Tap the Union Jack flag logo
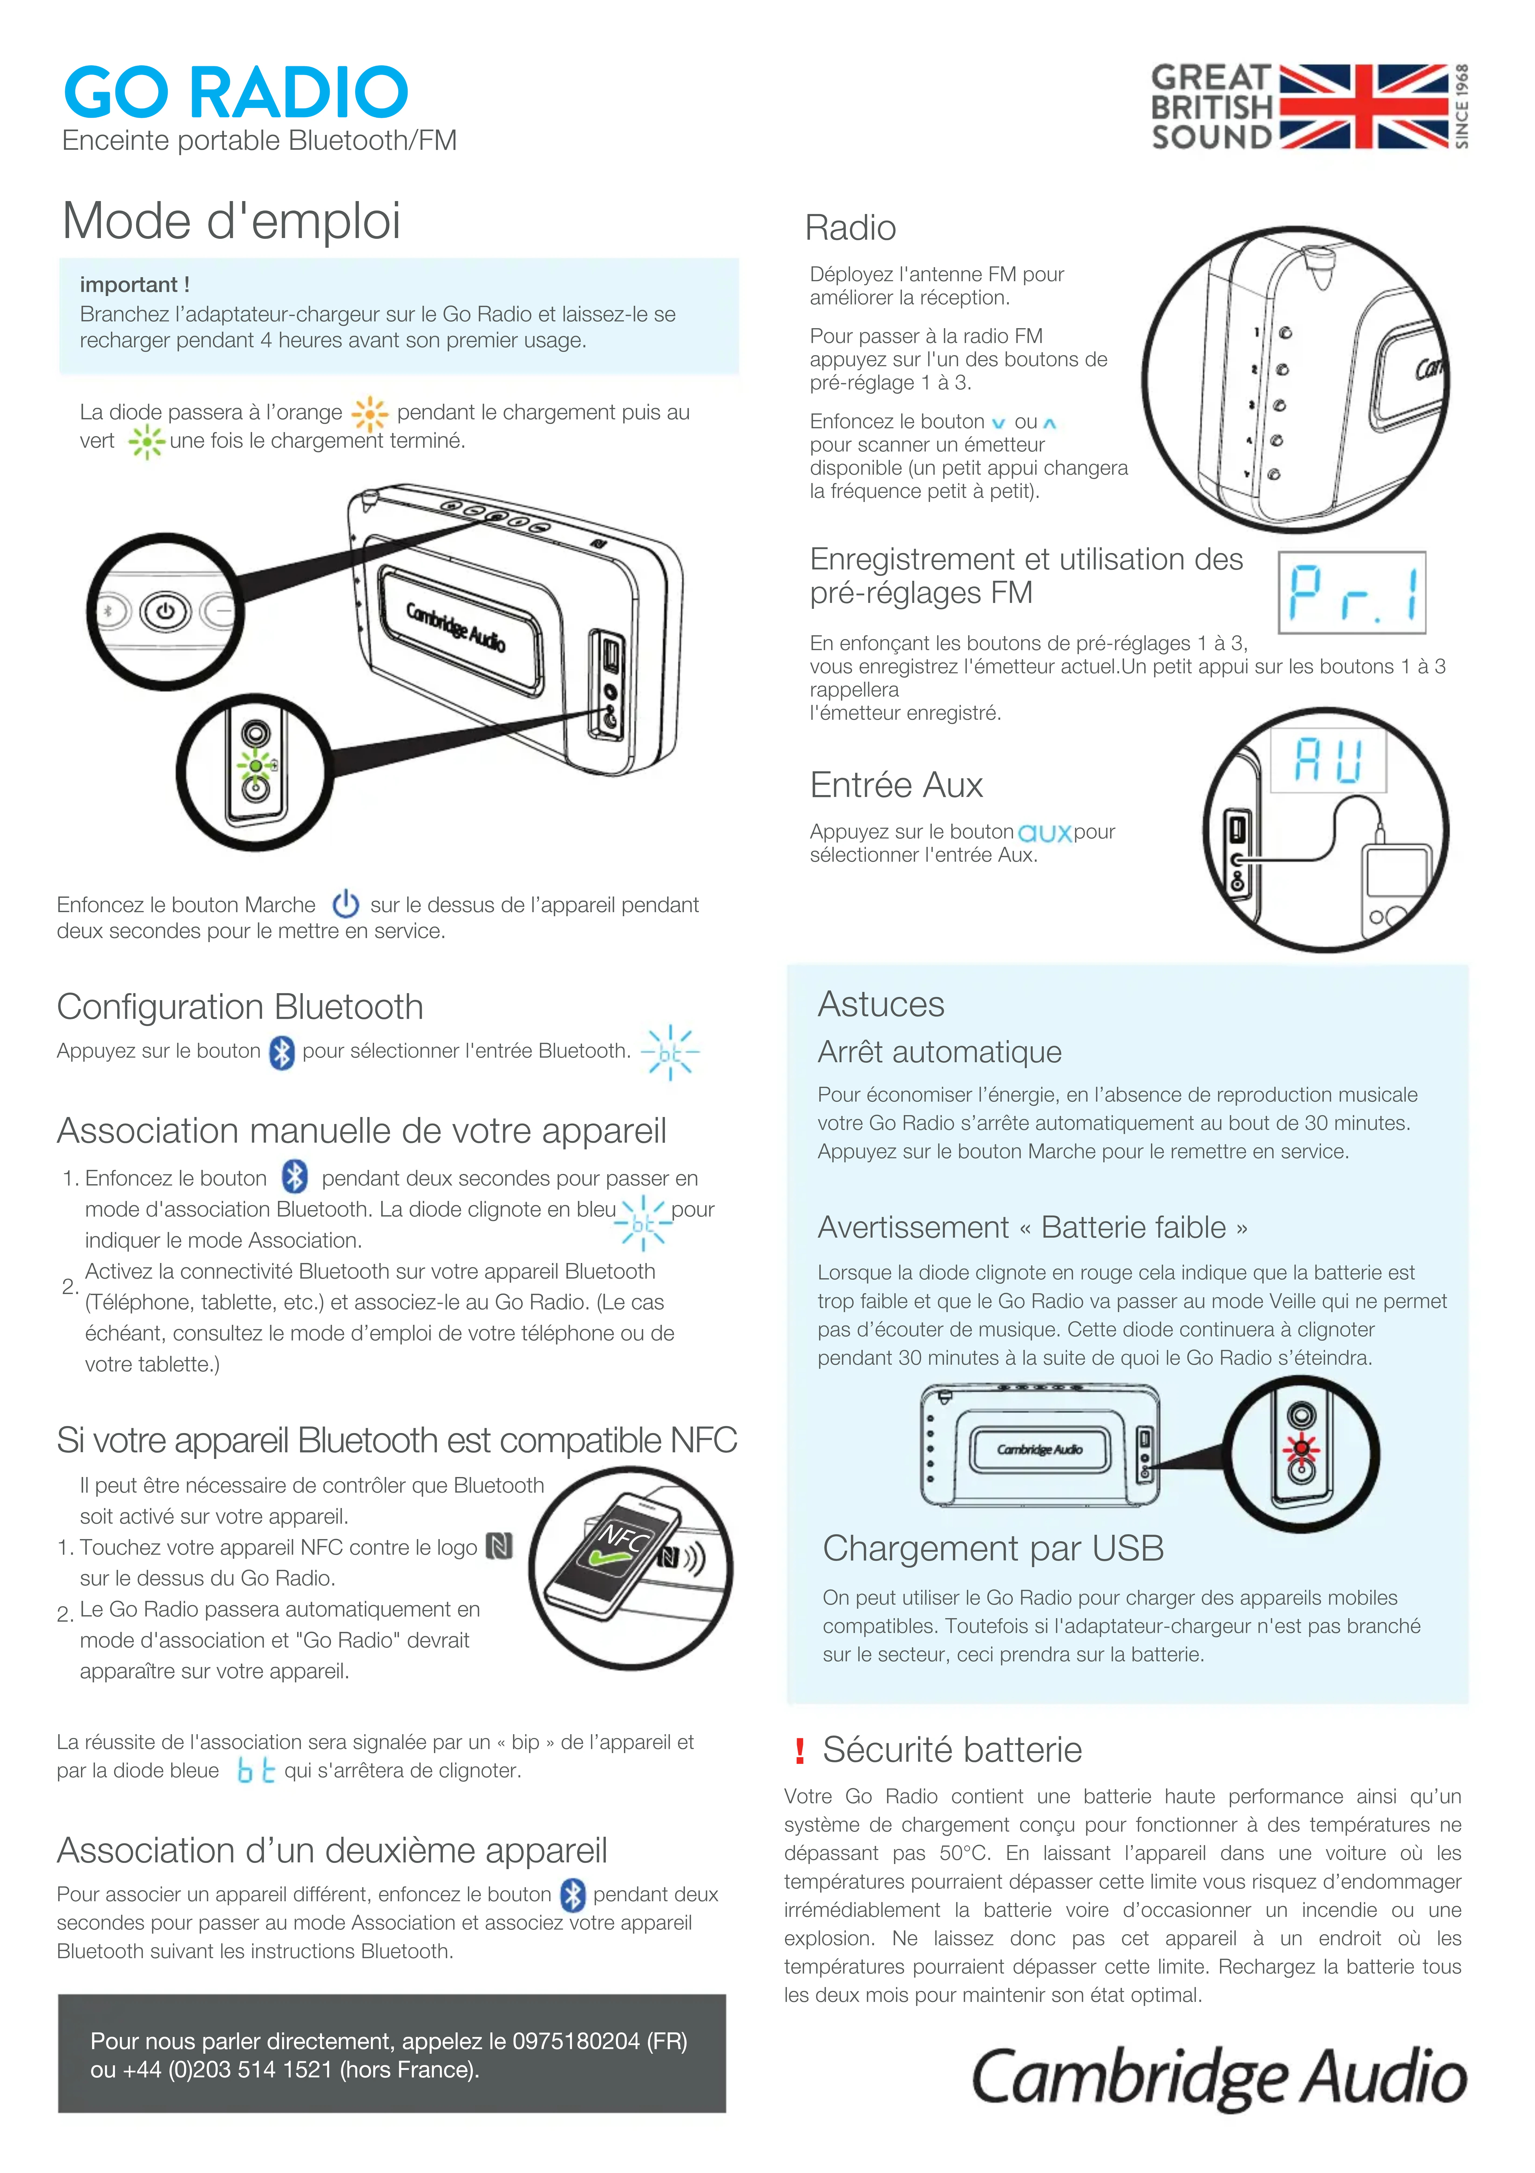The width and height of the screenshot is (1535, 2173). click(1364, 106)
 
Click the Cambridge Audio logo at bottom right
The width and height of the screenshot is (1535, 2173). click(1219, 2076)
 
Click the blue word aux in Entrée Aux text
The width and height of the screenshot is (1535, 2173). click(1044, 833)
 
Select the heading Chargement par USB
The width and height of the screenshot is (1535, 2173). click(993, 1548)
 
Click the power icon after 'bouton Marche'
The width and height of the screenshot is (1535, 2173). click(345, 904)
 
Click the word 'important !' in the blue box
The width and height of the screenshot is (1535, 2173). click(134, 285)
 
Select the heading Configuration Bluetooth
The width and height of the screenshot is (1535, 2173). click(239, 1007)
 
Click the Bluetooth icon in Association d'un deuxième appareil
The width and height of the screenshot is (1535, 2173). click(573, 1895)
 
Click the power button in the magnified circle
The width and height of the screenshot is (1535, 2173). click(166, 612)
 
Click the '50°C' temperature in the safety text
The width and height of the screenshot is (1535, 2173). click(964, 1853)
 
